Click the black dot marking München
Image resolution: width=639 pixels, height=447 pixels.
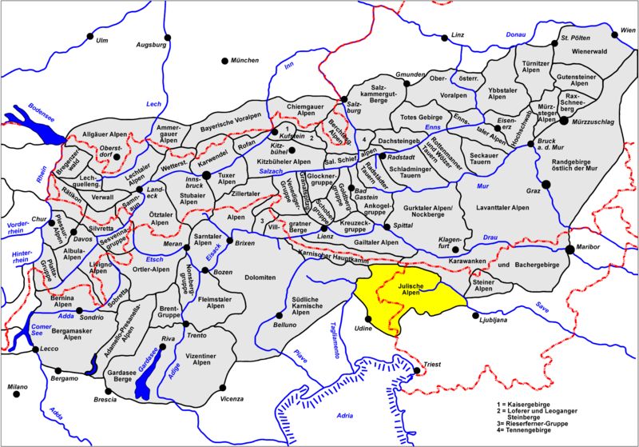(x=225, y=62)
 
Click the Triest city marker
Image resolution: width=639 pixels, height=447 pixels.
(x=417, y=370)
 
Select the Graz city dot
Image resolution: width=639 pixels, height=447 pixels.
(x=546, y=184)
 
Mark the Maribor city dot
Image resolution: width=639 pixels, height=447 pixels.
(x=569, y=249)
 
